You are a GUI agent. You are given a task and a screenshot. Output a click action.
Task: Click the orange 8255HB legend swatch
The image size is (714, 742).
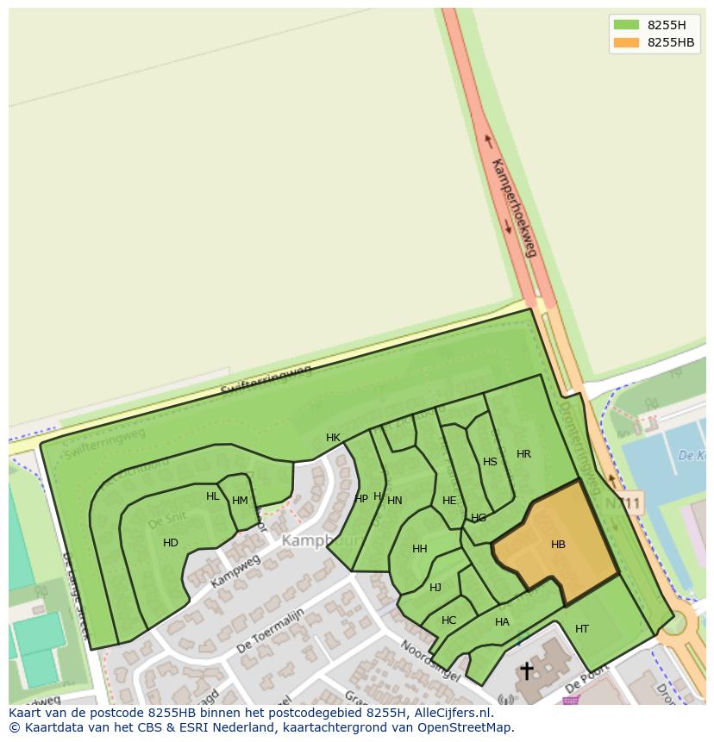click(x=626, y=42)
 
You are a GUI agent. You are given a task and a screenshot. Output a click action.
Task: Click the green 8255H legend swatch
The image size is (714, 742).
click(x=626, y=24)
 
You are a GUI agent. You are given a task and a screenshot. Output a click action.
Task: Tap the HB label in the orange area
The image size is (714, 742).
click(x=558, y=545)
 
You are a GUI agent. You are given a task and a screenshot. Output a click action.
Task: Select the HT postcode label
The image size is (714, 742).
click(x=582, y=629)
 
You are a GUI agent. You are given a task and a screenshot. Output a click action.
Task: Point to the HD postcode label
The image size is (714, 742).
click(x=171, y=543)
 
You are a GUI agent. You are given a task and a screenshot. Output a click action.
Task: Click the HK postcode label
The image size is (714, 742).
click(x=333, y=438)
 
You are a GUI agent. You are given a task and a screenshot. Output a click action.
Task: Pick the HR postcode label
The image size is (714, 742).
click(x=523, y=454)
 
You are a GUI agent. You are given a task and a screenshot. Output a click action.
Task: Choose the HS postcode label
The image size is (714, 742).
click(x=490, y=462)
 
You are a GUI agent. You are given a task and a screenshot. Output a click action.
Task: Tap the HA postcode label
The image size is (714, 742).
click(x=502, y=622)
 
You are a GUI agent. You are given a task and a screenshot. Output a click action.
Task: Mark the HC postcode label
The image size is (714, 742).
click(x=448, y=620)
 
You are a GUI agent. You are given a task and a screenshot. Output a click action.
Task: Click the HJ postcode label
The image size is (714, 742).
click(x=435, y=588)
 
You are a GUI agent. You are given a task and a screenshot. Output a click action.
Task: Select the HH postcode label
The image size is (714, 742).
click(x=420, y=549)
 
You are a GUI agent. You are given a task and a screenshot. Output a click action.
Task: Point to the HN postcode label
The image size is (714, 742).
click(x=395, y=501)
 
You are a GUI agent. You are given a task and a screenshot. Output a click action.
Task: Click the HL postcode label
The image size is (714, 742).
click(x=213, y=496)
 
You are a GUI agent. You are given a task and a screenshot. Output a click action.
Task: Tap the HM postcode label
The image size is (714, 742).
click(x=240, y=501)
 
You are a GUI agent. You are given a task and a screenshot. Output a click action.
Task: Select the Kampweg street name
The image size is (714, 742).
click(x=235, y=571)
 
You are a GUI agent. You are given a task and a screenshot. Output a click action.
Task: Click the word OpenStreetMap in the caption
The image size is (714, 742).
click(x=467, y=727)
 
